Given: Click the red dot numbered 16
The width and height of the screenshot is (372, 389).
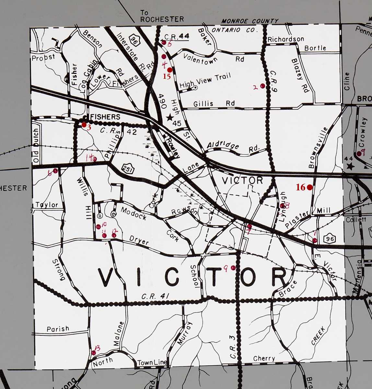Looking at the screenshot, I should click(x=309, y=187).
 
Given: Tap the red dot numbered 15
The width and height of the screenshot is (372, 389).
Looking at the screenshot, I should click(x=169, y=70).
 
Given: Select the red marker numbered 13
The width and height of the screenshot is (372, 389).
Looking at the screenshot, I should click(x=94, y=353).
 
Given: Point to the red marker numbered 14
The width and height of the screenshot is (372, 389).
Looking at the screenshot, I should click(x=95, y=159).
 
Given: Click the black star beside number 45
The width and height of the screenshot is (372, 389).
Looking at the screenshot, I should click(x=169, y=118).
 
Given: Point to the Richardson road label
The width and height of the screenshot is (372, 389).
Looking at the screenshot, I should click(x=286, y=39).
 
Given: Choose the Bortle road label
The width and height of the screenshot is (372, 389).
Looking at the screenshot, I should click(x=315, y=48).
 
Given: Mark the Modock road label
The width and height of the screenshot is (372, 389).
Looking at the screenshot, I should click(x=134, y=214).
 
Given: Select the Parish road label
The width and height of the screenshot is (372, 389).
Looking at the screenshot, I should click(x=58, y=329).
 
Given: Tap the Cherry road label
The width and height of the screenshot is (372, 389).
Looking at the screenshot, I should click(x=264, y=359).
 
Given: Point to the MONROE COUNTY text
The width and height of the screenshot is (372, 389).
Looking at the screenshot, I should click(x=250, y=21).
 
